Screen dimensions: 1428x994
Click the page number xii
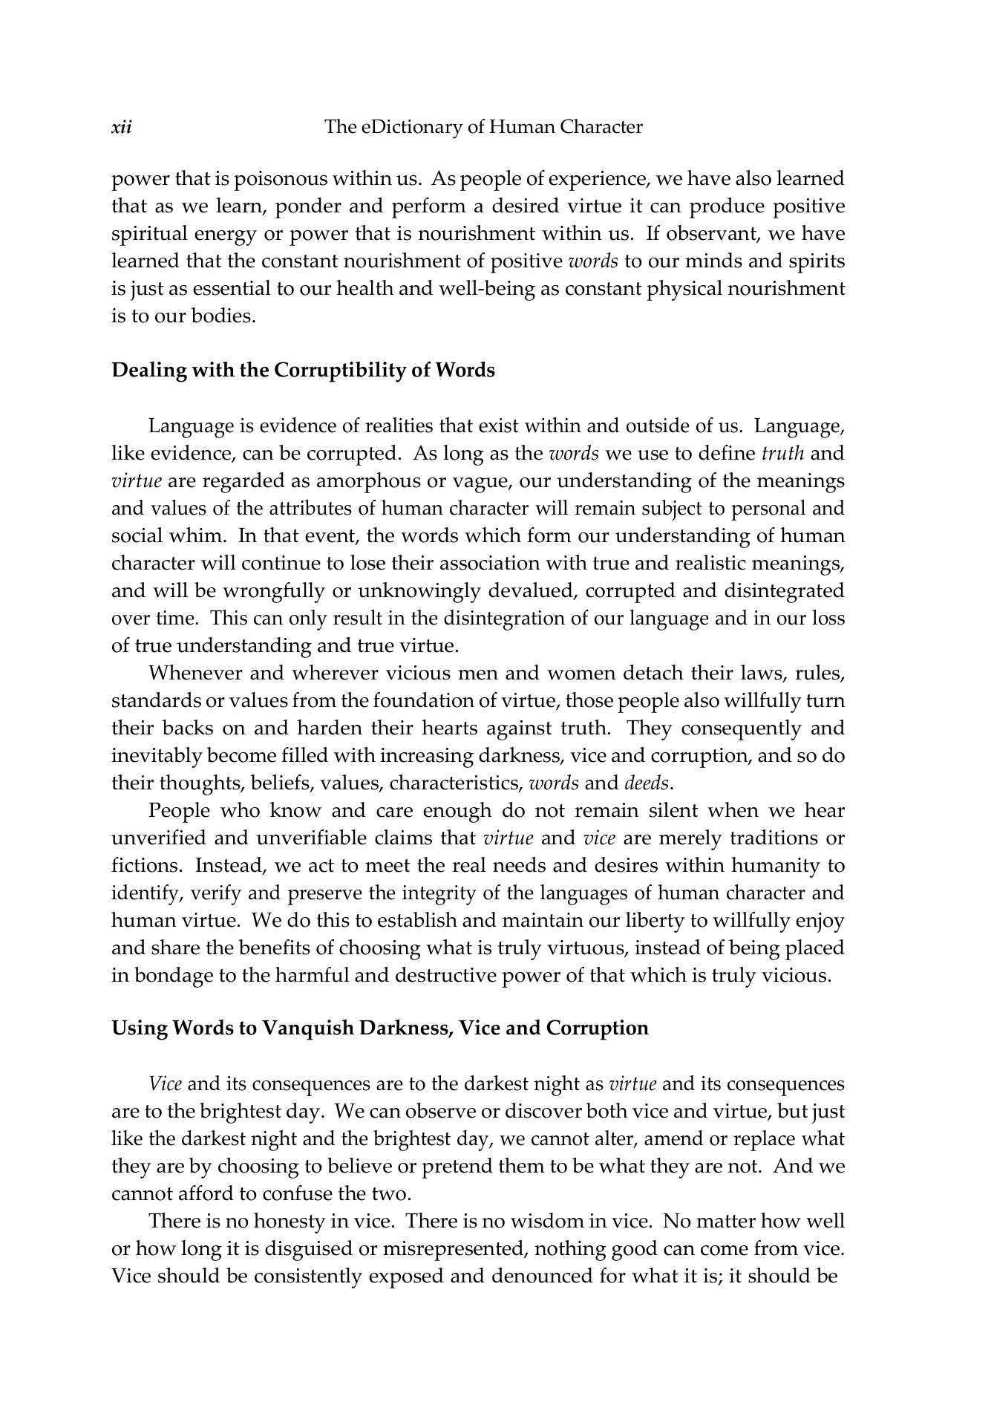pos(121,127)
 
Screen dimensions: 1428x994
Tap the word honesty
pos(289,1222)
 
